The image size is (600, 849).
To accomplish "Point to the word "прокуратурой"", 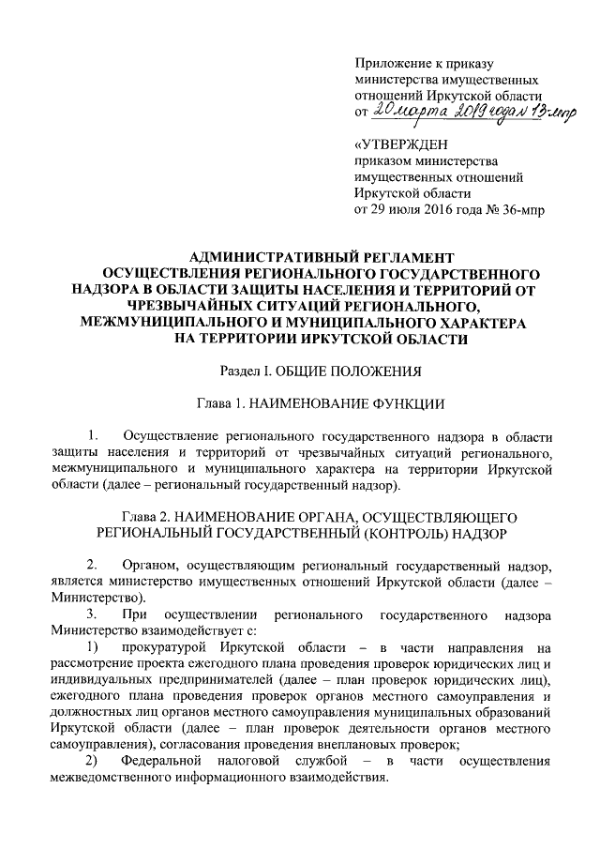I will pyautogui.click(x=162, y=647).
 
